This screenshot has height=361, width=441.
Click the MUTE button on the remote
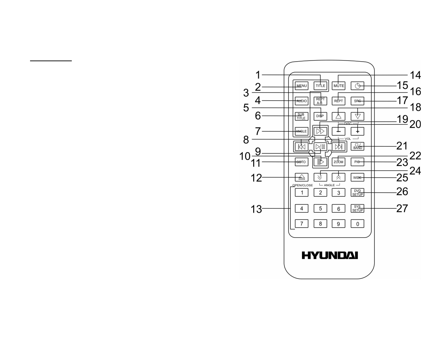click(x=338, y=86)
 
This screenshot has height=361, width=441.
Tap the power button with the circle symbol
click(x=358, y=86)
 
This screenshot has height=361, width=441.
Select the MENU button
click(x=301, y=86)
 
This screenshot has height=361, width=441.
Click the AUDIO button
click(x=301, y=101)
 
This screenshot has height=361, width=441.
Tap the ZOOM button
click(x=338, y=162)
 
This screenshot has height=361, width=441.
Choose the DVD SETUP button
click(x=358, y=193)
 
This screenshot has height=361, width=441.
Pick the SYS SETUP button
click(x=358, y=208)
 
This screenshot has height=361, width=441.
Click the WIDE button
click(x=358, y=177)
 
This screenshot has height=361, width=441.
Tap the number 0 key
click(x=358, y=224)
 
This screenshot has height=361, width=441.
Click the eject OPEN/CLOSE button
click(x=301, y=177)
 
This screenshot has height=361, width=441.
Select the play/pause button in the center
click(x=320, y=146)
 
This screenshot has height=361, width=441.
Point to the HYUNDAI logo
click(x=330, y=255)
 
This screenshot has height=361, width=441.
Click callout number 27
click(x=402, y=208)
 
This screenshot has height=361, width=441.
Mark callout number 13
click(x=256, y=209)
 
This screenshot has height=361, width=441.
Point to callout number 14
click(x=415, y=75)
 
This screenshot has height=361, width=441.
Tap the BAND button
click(x=358, y=146)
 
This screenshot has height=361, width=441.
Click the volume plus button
click(x=358, y=131)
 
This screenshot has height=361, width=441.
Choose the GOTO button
click(x=301, y=162)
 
